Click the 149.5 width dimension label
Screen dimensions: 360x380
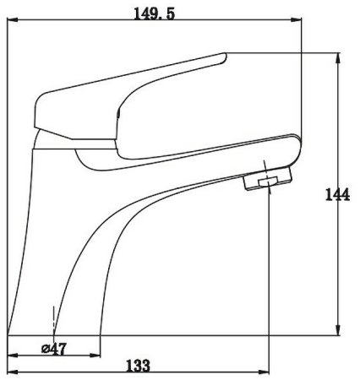click(x=154, y=14)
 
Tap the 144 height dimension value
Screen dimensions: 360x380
click(x=337, y=194)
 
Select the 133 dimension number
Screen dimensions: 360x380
click(x=138, y=366)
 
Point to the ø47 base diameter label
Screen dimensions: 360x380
click(x=54, y=349)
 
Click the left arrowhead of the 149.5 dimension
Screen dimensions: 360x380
click(x=13, y=19)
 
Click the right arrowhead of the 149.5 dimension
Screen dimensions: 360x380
click(x=296, y=19)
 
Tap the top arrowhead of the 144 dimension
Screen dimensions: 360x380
click(x=338, y=58)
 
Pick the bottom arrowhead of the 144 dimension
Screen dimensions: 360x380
click(x=338, y=330)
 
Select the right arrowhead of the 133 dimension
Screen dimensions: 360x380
click(x=264, y=372)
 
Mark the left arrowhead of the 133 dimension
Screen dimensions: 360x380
click(x=13, y=372)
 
